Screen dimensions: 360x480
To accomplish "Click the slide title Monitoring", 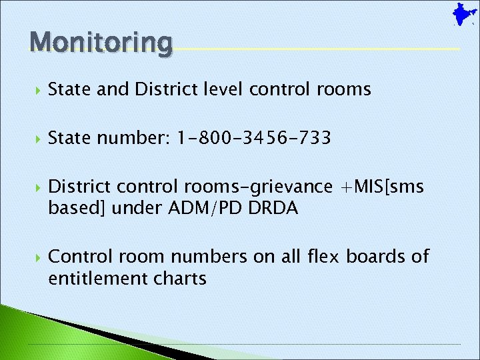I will pos(101,42).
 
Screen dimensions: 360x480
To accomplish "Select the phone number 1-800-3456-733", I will pos(254,139).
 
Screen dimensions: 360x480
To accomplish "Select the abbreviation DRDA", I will pos(273,208).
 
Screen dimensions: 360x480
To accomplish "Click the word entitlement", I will pos(96,278).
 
